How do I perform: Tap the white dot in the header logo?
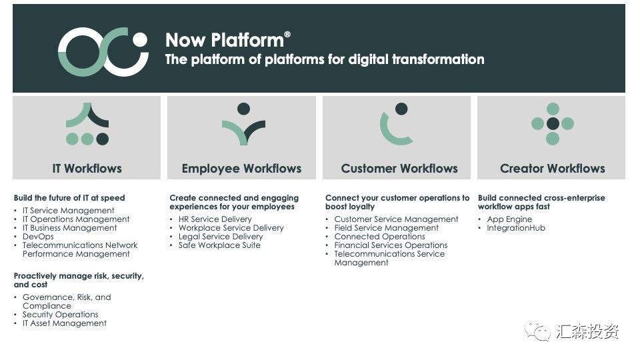coord(141,39)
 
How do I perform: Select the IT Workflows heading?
coord(87,169)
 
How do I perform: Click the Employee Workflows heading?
coord(241,169)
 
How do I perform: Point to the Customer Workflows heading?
coord(399,169)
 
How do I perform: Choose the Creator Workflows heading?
coord(553,169)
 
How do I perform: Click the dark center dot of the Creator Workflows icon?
coord(553,123)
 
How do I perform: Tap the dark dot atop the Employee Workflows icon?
coord(244,109)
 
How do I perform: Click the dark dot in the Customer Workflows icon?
coord(401,109)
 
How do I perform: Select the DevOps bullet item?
coord(38,237)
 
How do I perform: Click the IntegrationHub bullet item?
coord(516,228)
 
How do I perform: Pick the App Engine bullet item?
coord(509,219)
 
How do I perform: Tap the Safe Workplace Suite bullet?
coord(219,245)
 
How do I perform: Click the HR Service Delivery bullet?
coord(215,219)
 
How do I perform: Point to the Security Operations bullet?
coord(61,315)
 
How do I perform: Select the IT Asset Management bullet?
coord(65,323)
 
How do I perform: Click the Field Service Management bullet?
coord(386,228)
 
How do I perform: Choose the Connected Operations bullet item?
coord(379,237)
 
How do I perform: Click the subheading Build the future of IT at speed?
coord(69,198)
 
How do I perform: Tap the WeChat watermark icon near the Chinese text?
coord(538,331)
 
